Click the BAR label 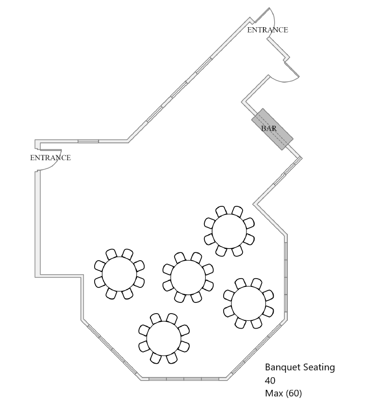269,129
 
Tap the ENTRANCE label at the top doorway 267,30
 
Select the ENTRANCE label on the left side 50,158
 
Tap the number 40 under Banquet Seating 270,380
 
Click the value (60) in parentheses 295,393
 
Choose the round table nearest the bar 229,231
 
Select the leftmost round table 119,274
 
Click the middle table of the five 188,277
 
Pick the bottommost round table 164,338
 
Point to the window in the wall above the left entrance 88,141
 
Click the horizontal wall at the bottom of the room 184,378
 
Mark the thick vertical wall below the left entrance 37,223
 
